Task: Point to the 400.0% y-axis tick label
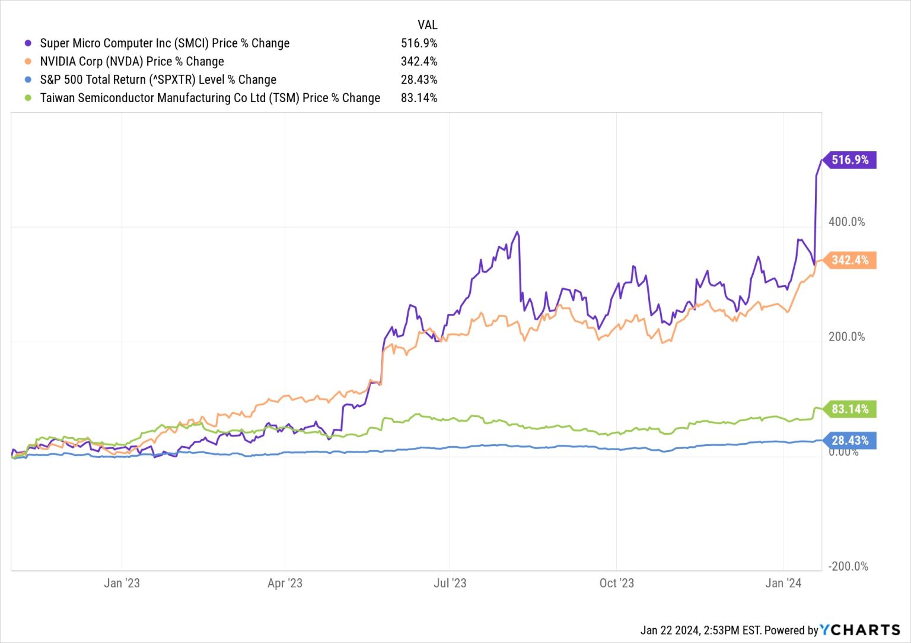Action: [x=846, y=222]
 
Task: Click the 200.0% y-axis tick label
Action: [x=846, y=337]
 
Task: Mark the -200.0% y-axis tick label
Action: [x=848, y=566]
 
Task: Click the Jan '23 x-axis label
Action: [x=122, y=583]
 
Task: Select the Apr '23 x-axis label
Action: [x=285, y=583]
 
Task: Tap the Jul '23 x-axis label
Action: [x=450, y=583]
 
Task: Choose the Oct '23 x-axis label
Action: [x=616, y=583]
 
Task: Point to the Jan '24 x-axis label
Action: [x=783, y=583]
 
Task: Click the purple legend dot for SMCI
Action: [x=28, y=43]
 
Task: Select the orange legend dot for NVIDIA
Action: [x=28, y=62]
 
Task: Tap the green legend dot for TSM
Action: [x=28, y=98]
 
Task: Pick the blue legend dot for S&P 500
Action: [x=28, y=79]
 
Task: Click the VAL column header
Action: [x=427, y=25]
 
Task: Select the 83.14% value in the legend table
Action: [x=419, y=98]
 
